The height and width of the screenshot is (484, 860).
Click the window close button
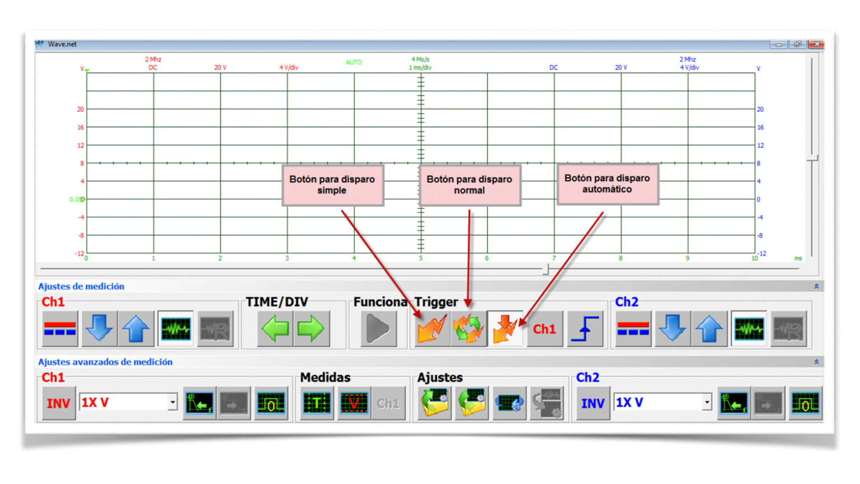point(816,44)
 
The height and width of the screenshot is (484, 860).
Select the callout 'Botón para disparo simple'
point(332,185)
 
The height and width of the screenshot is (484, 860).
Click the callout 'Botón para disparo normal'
point(469,185)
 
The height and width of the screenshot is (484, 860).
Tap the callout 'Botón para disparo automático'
point(607,184)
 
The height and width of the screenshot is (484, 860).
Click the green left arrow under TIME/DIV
point(275,329)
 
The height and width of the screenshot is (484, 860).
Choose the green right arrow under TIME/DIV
point(311,329)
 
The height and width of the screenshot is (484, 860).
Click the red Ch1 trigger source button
point(544,329)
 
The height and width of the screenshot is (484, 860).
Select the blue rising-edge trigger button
point(585,329)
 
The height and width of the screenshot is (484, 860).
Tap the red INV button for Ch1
point(58,403)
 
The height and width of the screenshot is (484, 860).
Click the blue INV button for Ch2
point(592,403)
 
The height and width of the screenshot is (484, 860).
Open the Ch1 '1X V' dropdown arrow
point(172,402)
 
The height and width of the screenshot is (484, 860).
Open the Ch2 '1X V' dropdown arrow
point(707,402)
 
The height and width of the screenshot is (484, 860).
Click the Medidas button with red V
point(353,403)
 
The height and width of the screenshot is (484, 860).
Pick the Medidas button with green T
point(317,403)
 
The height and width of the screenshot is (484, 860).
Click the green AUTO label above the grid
point(353,62)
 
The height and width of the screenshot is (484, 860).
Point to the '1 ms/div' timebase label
point(420,68)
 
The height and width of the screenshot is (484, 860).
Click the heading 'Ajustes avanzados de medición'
point(105,362)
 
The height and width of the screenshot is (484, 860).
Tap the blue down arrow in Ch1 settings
point(99,329)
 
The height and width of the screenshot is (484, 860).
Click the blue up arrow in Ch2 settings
point(709,329)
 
